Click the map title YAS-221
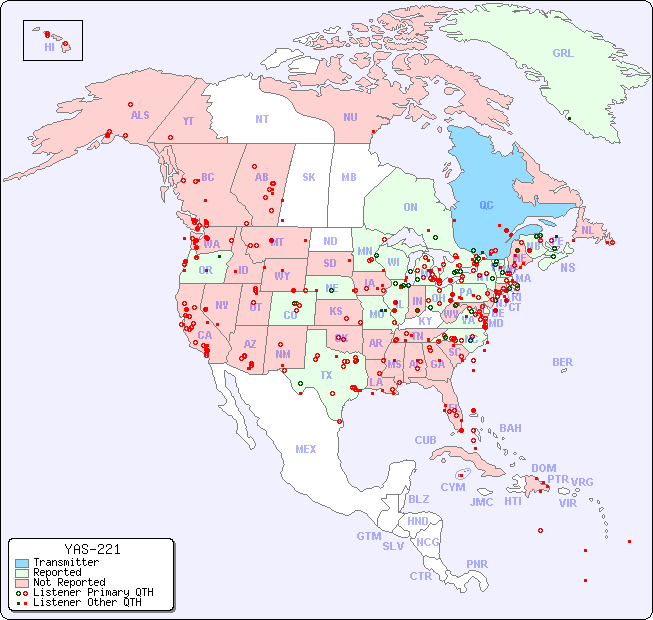tap(92, 549)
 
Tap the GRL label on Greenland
tap(563, 54)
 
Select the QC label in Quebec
tap(486, 206)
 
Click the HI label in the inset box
tap(49, 47)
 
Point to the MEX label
tap(306, 449)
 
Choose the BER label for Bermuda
tap(563, 362)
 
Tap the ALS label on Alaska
tap(140, 115)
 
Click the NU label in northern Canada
tap(350, 117)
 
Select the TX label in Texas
tap(326, 375)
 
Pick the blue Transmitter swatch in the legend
tap(21, 563)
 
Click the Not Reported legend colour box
tap(21, 582)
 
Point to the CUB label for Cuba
tap(425, 440)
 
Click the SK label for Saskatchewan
tap(309, 178)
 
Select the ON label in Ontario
tap(410, 208)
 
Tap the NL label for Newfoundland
tap(587, 230)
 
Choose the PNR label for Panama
tap(477, 564)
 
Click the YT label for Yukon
tap(188, 121)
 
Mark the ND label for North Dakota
tap(330, 241)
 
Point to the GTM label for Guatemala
tap(368, 536)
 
